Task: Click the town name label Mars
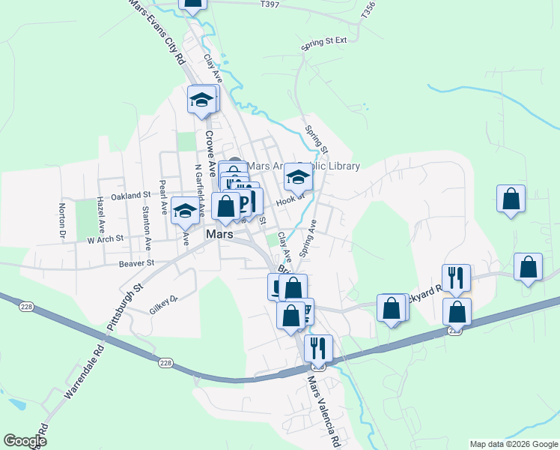tap(219, 235)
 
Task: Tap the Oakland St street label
tap(131, 196)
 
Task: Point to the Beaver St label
tap(136, 263)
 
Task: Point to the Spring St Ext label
tap(324, 41)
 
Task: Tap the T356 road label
tap(366, 11)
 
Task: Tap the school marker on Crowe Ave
tap(201, 100)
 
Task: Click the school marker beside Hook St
tap(298, 178)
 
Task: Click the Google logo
tap(25, 442)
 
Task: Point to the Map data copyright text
tap(514, 444)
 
